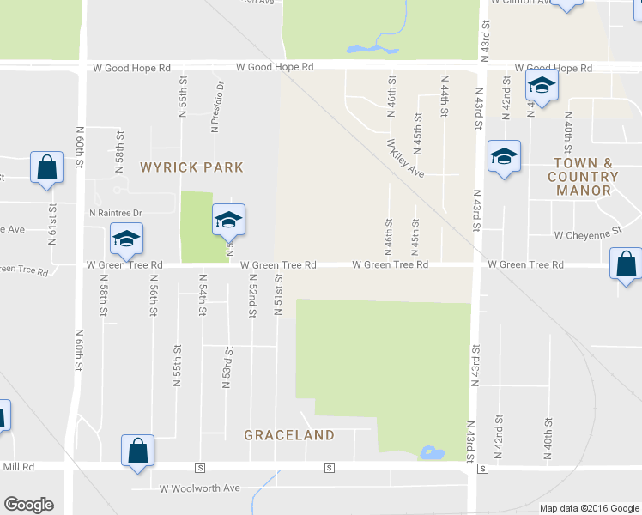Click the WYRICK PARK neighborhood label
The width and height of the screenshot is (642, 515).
click(192, 167)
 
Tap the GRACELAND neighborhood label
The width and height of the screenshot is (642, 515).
click(289, 435)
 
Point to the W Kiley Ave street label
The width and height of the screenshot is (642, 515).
click(405, 159)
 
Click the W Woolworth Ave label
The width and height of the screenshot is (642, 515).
click(200, 488)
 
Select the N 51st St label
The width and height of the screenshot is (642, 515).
click(278, 294)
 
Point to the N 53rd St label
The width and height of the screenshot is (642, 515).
click(228, 367)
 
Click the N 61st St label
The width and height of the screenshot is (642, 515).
click(52, 225)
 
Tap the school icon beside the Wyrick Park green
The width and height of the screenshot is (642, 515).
click(229, 221)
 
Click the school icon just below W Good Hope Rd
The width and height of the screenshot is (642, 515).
click(542, 85)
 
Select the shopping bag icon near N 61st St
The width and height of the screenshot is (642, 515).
click(47, 168)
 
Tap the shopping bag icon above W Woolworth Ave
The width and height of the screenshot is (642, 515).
click(138, 450)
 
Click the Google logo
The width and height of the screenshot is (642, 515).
click(28, 505)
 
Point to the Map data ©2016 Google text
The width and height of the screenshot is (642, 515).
click(589, 508)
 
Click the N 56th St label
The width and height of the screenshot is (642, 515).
click(154, 294)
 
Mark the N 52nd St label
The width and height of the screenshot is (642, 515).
click(253, 294)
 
